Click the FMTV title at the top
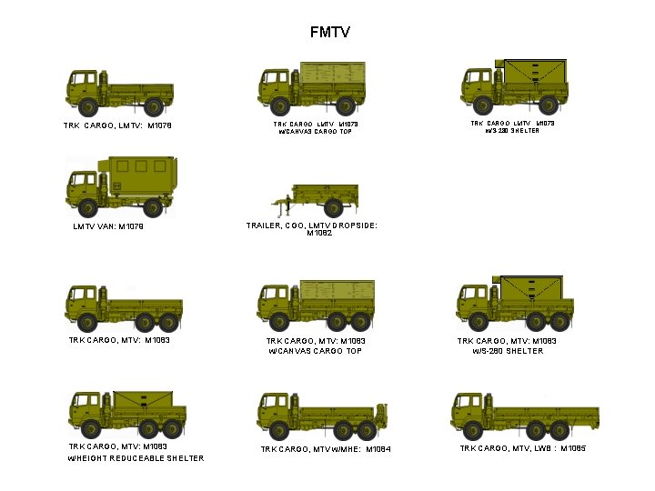329,33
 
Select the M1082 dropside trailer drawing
315,197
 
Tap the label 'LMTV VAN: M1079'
108,226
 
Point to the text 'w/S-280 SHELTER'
507,350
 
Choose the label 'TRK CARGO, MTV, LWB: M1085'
522,448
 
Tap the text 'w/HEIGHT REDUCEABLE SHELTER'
136,457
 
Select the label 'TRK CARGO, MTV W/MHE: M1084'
325,449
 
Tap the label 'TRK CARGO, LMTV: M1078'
117,125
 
